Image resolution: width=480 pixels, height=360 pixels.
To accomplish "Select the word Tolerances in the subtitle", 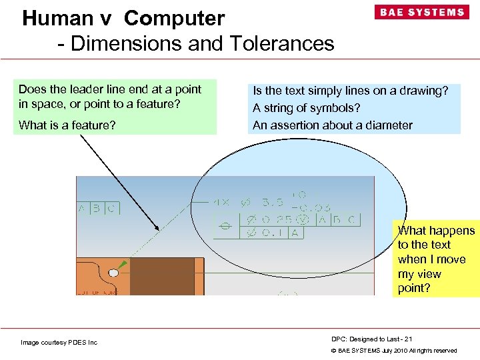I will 282,43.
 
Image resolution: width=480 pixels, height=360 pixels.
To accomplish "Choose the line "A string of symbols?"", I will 306,107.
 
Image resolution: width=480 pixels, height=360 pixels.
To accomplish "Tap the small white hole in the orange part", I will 113,273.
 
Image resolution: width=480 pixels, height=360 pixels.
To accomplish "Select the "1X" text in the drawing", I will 223,201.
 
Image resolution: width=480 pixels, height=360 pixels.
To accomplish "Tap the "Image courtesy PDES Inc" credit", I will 59,343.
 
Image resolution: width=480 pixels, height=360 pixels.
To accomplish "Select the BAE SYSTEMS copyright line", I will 394,351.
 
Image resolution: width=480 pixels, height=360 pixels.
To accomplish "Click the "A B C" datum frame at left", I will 98,208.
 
